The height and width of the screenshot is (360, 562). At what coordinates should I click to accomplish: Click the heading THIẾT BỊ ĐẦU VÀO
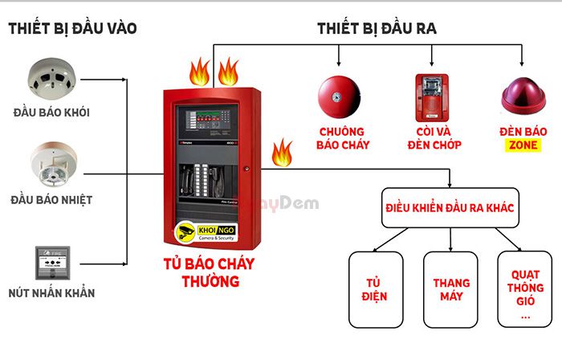72,28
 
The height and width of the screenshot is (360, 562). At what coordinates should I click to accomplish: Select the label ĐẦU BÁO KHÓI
51,112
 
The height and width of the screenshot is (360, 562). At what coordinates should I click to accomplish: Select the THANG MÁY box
450,289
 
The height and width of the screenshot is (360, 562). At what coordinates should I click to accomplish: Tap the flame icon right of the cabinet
281,151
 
